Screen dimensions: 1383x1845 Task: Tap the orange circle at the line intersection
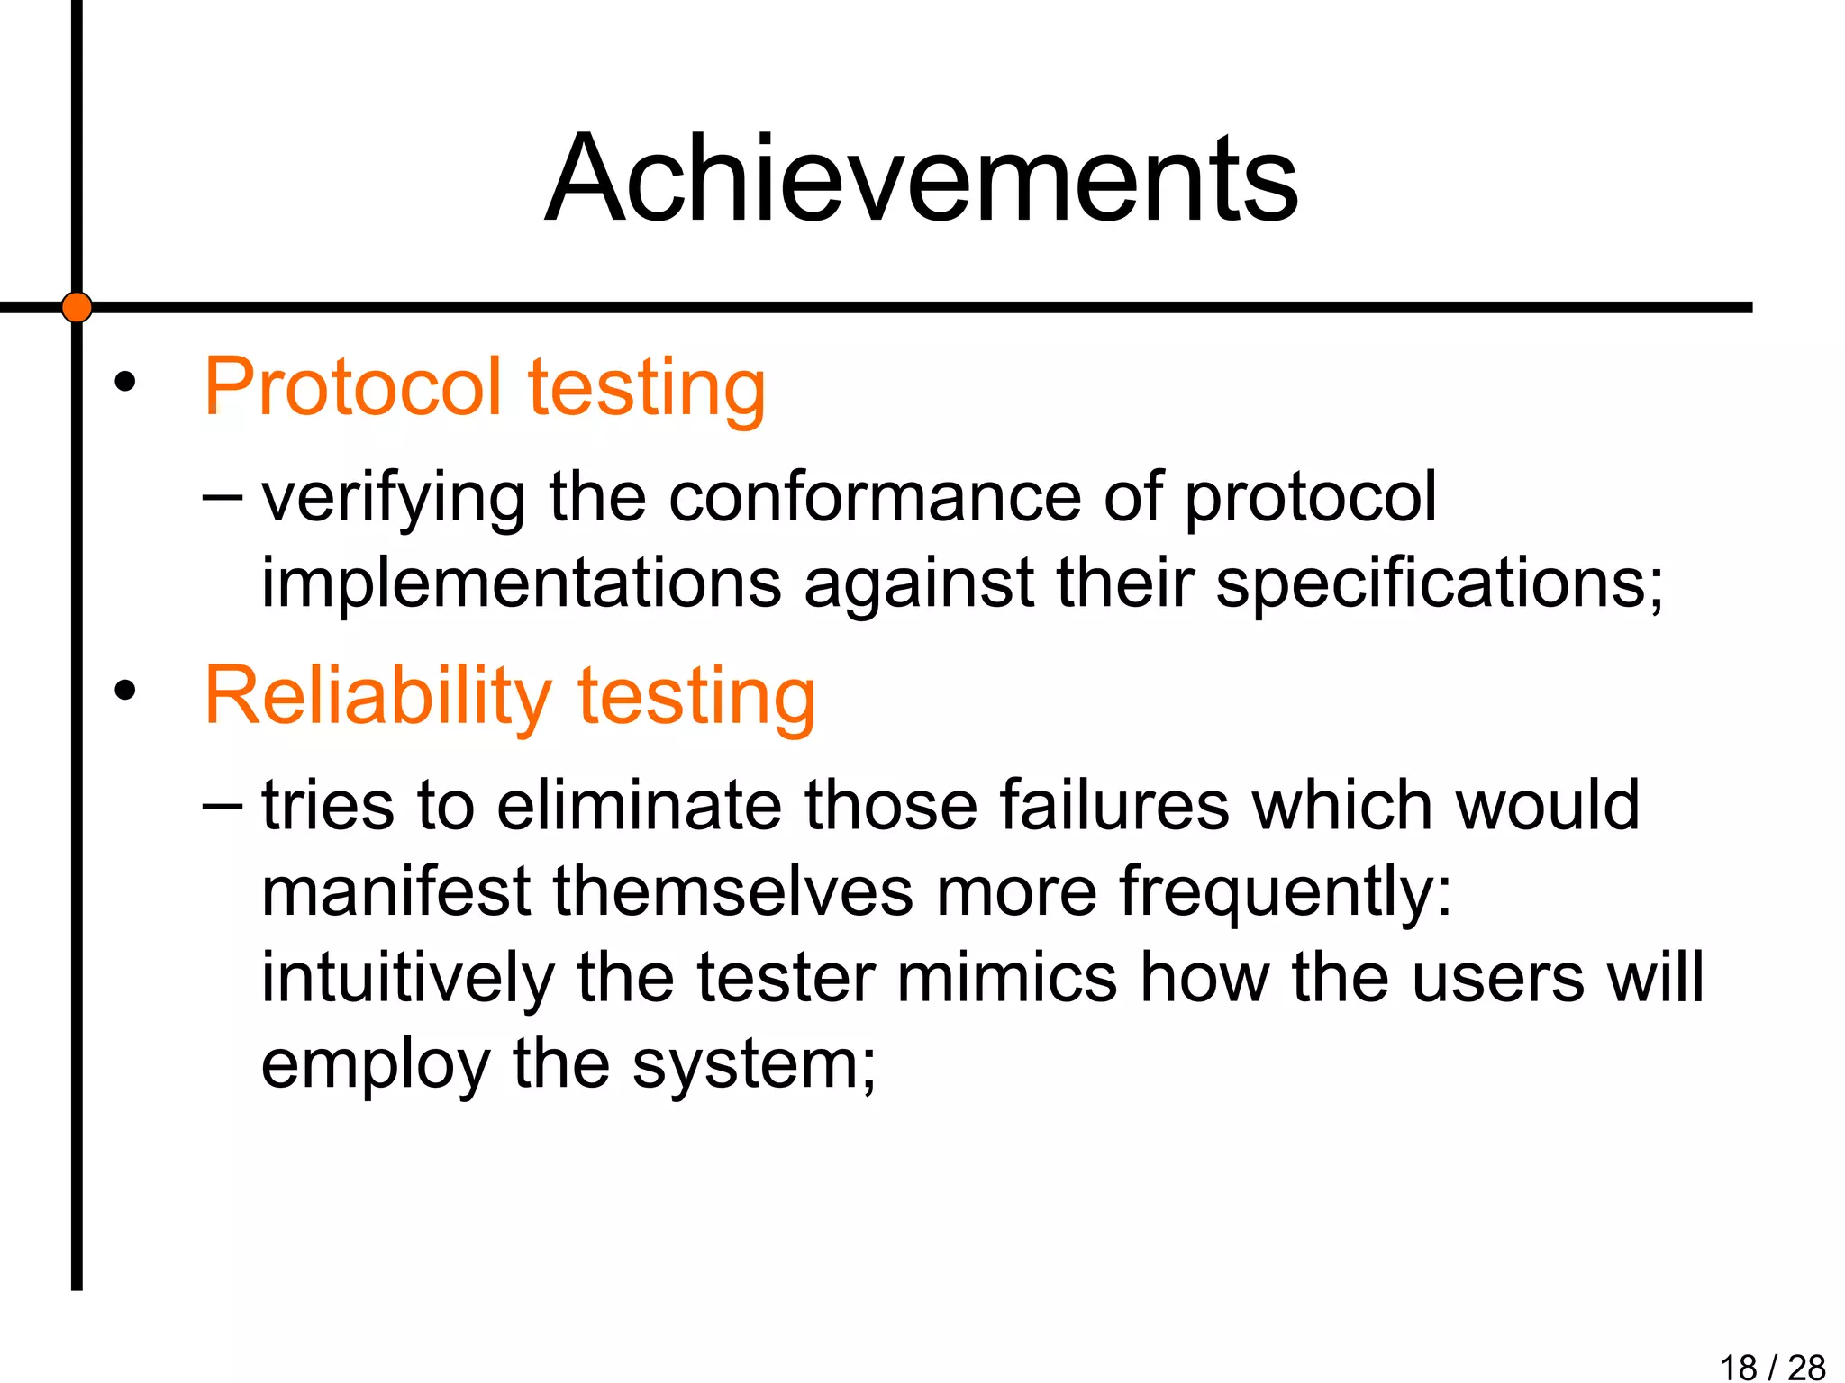(77, 307)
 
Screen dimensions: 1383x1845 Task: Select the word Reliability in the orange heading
(377, 696)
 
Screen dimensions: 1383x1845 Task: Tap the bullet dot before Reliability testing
(124, 691)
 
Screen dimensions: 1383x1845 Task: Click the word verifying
(394, 500)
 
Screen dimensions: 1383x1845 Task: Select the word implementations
(522, 583)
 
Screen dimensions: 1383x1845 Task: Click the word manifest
(395, 890)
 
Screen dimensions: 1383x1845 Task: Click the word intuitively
(407, 979)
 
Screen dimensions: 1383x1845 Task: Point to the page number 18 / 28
(1772, 1367)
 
